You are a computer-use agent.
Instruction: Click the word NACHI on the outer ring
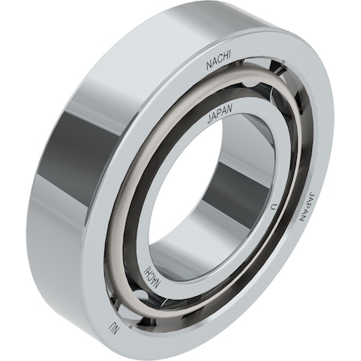(x=218, y=60)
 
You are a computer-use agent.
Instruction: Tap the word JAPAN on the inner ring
(x=220, y=114)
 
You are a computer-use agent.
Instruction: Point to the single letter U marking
(x=273, y=207)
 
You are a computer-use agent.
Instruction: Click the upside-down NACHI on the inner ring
(x=153, y=278)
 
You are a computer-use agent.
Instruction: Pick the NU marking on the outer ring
(x=114, y=327)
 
